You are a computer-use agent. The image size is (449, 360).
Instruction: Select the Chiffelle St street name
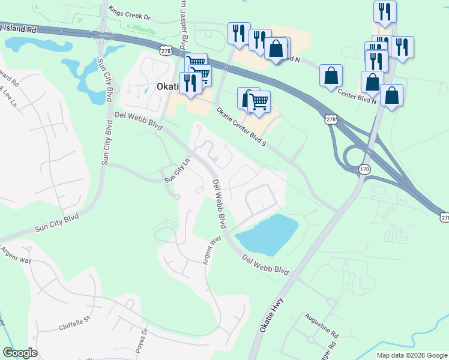(74, 327)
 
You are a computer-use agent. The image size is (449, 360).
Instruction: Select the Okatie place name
(167, 86)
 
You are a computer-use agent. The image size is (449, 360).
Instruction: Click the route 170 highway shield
(364, 170)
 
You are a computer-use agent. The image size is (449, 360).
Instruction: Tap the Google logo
(20, 353)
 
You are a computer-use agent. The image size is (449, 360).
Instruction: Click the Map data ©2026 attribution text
(411, 355)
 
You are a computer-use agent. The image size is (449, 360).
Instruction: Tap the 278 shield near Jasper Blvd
(166, 52)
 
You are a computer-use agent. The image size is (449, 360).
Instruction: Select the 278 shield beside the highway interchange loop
(330, 120)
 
